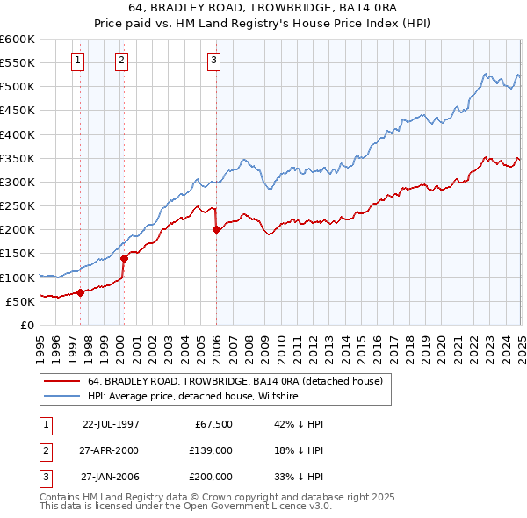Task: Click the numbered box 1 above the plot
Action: pyautogui.click(x=79, y=61)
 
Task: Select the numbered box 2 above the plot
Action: pyautogui.click(x=121, y=61)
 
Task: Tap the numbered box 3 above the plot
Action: pyautogui.click(x=214, y=61)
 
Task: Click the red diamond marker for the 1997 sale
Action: pyautogui.click(x=80, y=292)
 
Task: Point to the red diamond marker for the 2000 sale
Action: pyautogui.click(x=124, y=258)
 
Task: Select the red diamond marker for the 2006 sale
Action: pyautogui.click(x=216, y=229)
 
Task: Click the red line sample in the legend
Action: pyautogui.click(x=61, y=382)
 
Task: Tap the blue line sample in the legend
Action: pyautogui.click(x=61, y=397)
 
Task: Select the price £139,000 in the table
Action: pyautogui.click(x=211, y=450)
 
